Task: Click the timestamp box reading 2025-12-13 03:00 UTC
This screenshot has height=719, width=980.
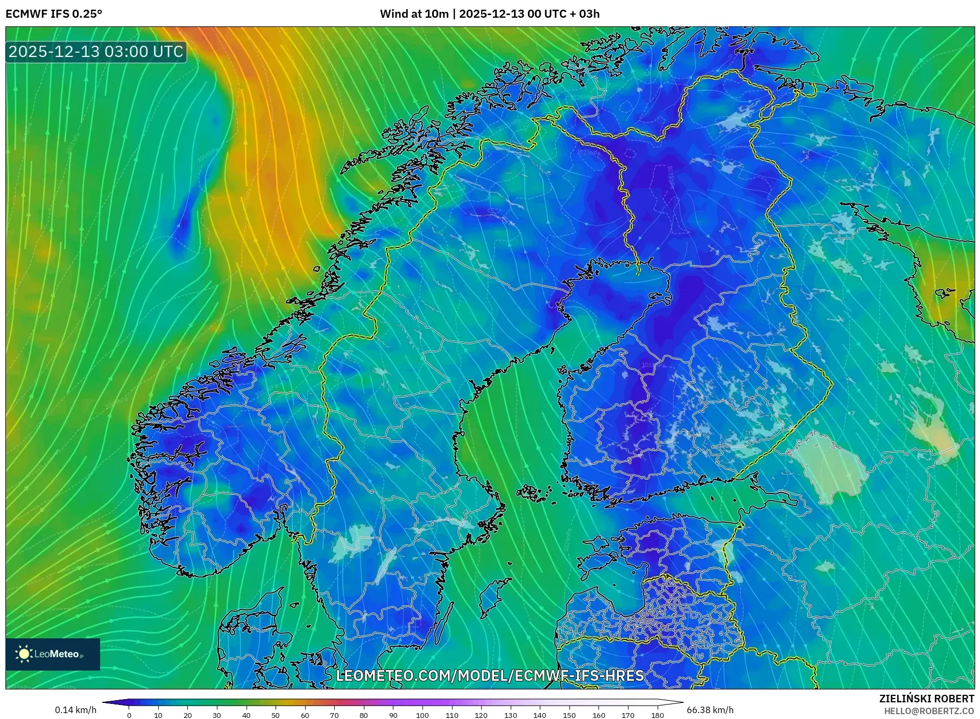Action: click(96, 52)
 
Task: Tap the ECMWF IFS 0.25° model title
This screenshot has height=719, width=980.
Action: click(54, 14)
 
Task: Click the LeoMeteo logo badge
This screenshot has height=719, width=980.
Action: click(53, 654)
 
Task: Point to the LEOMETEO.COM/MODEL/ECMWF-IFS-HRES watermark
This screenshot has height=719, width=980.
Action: click(490, 675)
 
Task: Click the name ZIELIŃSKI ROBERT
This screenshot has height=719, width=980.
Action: click(926, 699)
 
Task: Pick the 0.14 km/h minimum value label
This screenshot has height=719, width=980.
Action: click(76, 710)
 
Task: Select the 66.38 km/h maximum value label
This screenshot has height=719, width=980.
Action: click(710, 710)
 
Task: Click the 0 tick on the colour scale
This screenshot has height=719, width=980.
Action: click(129, 715)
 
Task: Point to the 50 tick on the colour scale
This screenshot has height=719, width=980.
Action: click(276, 715)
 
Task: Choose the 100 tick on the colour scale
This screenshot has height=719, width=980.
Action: click(422, 715)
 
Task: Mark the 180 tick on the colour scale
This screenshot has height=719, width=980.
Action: click(657, 715)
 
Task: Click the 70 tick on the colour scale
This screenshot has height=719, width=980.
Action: click(334, 715)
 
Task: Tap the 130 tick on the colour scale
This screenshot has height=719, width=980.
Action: click(510, 715)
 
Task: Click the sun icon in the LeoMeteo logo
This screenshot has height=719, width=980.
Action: click(24, 654)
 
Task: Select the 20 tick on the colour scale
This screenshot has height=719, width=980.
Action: click(188, 715)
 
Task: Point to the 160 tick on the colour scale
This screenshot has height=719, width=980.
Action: click(598, 715)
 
